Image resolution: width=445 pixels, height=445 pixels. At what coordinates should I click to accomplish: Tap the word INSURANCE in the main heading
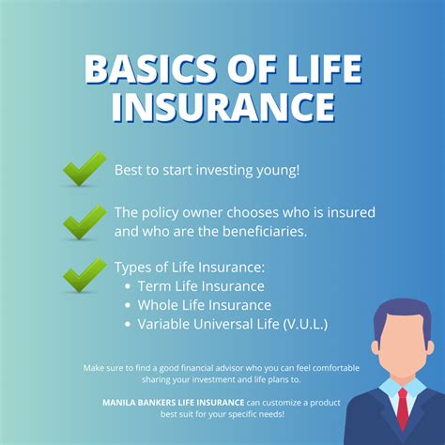click(x=222, y=108)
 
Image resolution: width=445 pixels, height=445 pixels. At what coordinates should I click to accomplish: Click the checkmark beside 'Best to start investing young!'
click(x=84, y=171)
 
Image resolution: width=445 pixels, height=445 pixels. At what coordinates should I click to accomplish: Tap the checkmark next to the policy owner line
click(x=84, y=222)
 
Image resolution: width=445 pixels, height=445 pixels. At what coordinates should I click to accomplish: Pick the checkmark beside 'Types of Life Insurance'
click(x=84, y=275)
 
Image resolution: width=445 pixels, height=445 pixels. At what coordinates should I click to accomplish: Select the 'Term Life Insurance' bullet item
click(x=201, y=285)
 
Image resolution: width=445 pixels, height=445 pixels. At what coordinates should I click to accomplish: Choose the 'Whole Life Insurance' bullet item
click(x=205, y=305)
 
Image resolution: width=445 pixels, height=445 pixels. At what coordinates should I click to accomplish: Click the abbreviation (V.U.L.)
click(x=303, y=325)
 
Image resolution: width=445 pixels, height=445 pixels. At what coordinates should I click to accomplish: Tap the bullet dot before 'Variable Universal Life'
click(x=128, y=325)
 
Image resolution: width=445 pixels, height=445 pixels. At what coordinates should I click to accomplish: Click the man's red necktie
click(x=403, y=405)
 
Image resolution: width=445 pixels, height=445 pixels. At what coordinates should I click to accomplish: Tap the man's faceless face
click(x=401, y=347)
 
